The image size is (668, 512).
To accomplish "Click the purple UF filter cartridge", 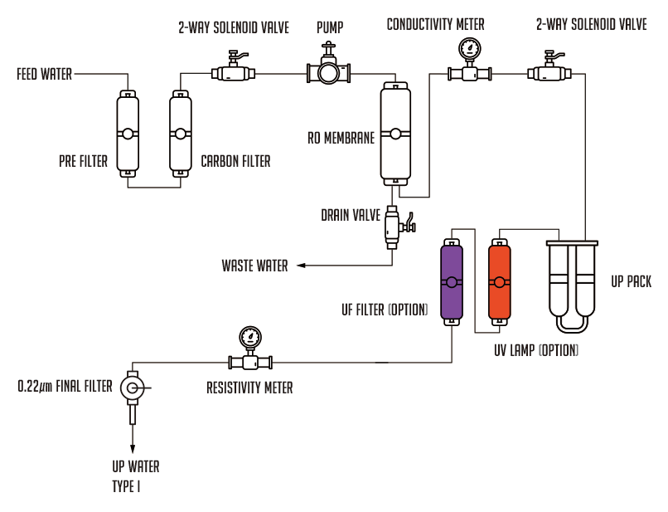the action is tap(452, 282).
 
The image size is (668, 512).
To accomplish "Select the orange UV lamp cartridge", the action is tap(499, 282).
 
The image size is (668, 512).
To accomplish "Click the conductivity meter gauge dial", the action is tap(469, 49).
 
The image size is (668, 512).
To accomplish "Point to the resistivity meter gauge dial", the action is tap(250, 338).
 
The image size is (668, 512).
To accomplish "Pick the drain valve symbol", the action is tap(399, 227).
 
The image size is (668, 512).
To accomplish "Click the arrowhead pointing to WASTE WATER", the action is tap(301, 266).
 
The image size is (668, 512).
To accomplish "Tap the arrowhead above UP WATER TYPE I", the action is tap(133, 449).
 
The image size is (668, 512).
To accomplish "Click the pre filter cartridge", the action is tap(128, 134).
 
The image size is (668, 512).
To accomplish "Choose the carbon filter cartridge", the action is tap(180, 134).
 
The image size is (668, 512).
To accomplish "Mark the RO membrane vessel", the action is tap(395, 134).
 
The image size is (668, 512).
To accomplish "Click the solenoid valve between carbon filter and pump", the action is tap(233, 67).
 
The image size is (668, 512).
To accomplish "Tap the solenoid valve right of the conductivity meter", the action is tap(549, 67).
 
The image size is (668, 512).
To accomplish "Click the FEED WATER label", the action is tap(44, 74).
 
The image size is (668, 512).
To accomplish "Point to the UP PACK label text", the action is tap(631, 281).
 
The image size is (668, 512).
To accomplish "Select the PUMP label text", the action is tap(330, 27).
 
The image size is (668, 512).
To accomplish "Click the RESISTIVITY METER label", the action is tap(249, 388).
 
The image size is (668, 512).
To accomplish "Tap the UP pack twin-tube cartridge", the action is tap(572, 285).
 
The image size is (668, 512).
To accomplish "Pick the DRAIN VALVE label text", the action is tap(351, 215).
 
